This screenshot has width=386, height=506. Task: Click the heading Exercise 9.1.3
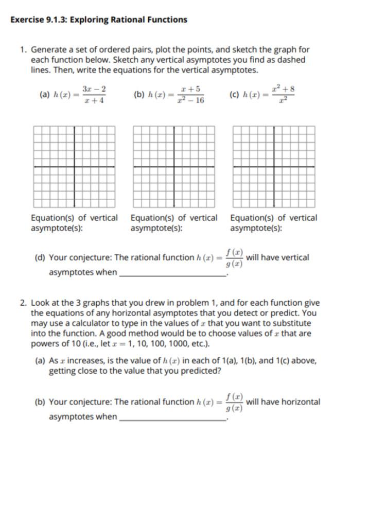99,20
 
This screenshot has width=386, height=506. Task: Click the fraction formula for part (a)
95,95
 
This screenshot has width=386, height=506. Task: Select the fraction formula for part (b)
190,95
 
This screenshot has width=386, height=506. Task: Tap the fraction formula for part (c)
284,94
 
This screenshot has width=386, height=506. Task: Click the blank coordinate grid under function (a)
74,166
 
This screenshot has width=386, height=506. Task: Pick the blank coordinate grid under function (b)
174,166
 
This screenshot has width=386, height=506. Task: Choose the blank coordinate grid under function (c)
274,166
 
